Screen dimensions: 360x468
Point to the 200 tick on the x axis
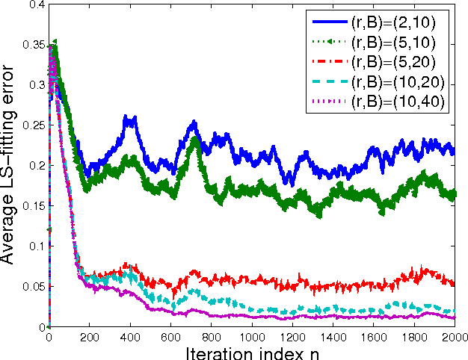point(89,337)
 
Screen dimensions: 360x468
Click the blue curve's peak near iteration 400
point(129,117)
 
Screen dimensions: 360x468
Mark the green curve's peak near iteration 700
point(195,137)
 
